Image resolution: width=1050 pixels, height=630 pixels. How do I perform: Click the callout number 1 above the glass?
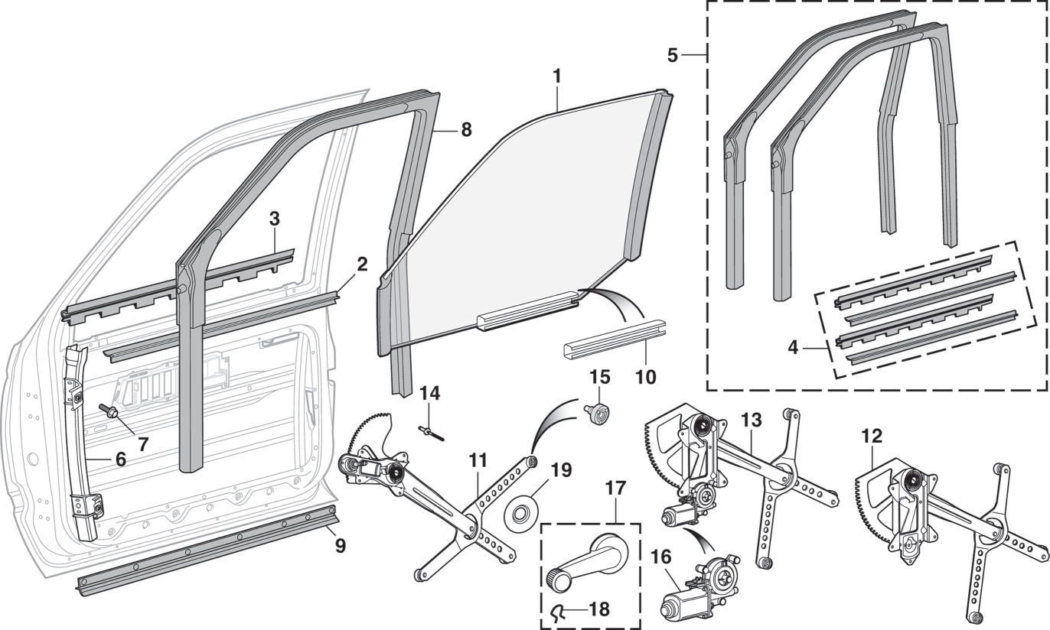point(556,76)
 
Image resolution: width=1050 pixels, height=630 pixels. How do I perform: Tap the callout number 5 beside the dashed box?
point(673,55)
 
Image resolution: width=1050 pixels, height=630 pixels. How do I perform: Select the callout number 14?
point(431,393)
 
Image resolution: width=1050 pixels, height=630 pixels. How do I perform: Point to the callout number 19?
point(561,469)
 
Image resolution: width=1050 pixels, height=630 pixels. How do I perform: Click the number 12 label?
point(872,437)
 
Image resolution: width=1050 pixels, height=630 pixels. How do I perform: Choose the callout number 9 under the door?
point(340,546)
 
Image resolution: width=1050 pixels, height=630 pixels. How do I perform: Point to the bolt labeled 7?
point(108,411)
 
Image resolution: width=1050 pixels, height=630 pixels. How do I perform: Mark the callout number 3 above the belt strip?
point(274,219)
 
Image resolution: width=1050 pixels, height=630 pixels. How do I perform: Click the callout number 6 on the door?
point(121,460)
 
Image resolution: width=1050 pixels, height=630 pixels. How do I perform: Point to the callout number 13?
point(752,421)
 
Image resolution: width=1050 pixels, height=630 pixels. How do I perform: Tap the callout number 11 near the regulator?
point(478,460)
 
